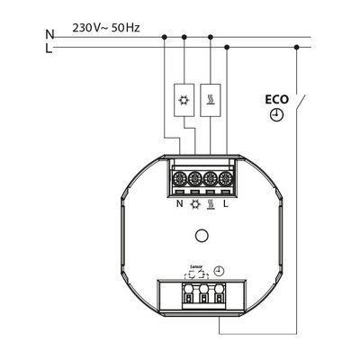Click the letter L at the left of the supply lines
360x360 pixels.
(x=49, y=49)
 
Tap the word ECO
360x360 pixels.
(x=275, y=99)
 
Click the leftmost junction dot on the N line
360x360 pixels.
(x=165, y=37)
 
